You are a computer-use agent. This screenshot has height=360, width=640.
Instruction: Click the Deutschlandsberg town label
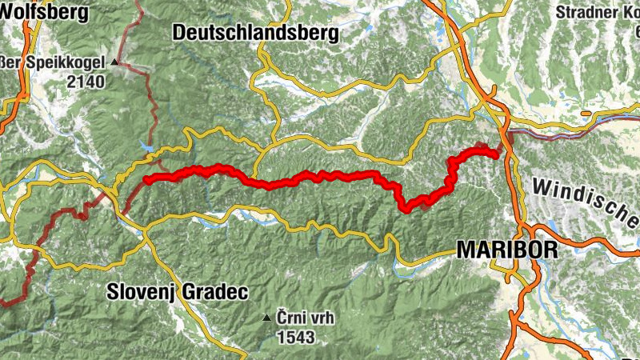(255, 33)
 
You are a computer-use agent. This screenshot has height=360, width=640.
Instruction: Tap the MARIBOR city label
(506, 250)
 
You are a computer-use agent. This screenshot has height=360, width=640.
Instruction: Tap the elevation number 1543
(295, 338)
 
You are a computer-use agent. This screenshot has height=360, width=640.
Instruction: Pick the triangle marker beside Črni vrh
(267, 318)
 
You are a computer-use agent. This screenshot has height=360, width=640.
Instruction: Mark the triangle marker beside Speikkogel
(115, 62)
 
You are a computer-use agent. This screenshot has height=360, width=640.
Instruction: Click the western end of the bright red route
(146, 180)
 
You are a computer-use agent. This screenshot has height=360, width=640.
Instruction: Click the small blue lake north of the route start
(146, 146)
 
